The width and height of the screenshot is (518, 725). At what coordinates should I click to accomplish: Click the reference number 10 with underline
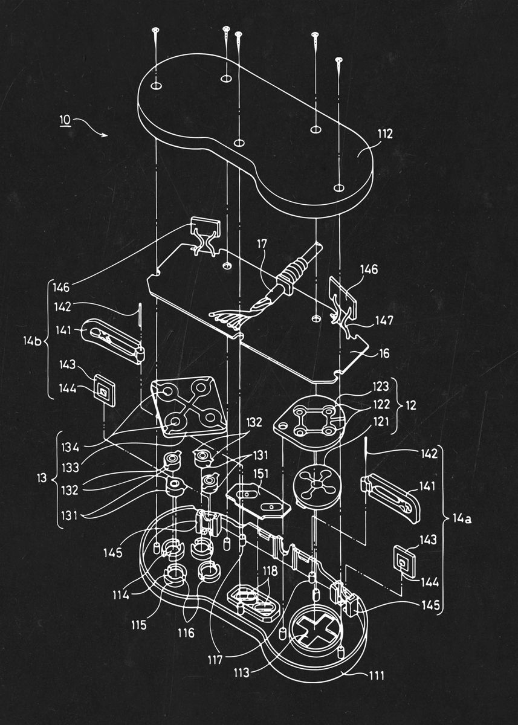[64, 120]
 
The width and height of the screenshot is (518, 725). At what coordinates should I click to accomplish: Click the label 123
[380, 385]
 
